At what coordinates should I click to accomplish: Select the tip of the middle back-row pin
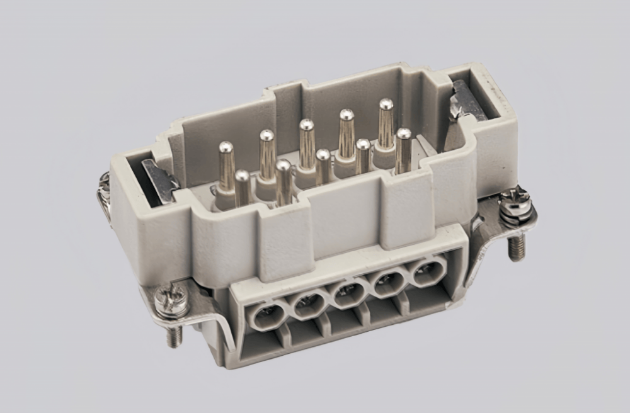point(307,125)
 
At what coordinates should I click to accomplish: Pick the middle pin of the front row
point(323,166)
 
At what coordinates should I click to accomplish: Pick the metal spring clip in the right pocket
point(467,101)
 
